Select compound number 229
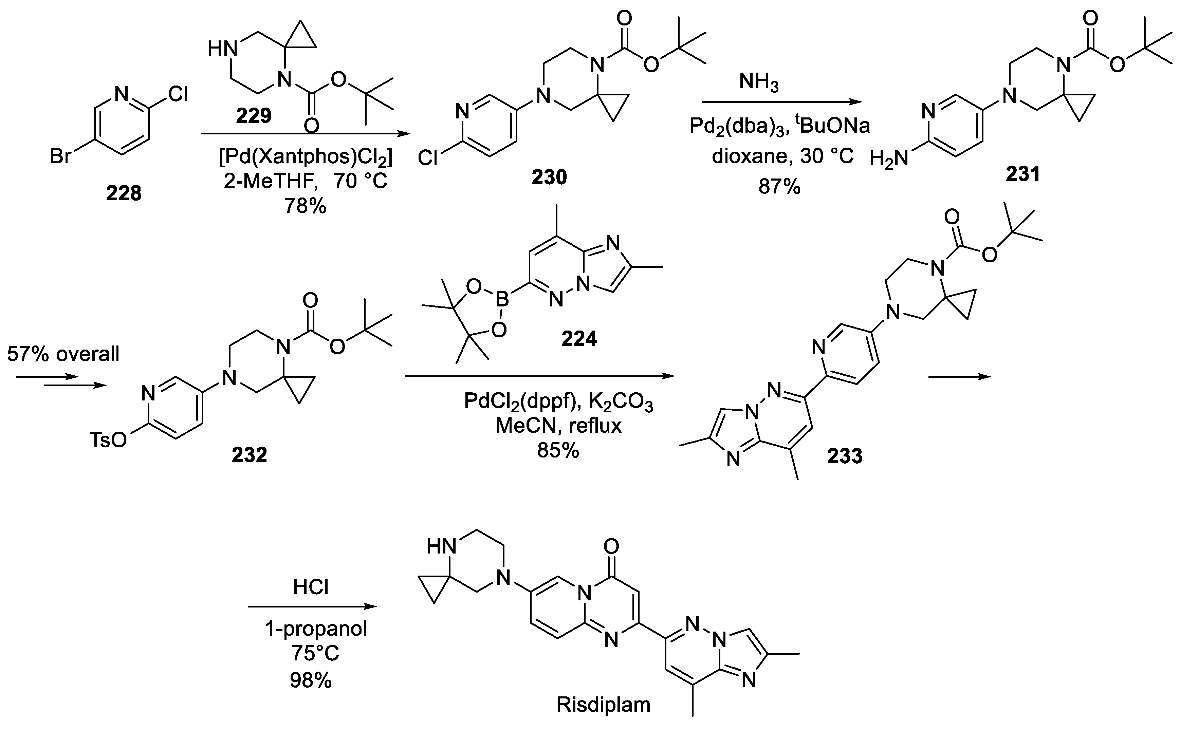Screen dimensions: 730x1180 pos(254,115)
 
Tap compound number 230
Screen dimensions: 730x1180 pos(549,177)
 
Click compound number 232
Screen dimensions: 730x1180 pos(249,454)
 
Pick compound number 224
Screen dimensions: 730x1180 pos(579,339)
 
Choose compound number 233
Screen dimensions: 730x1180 pos(845,456)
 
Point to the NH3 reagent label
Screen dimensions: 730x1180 pos(759,83)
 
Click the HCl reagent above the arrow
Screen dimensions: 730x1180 pos(311,587)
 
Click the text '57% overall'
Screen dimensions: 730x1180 pos(63,354)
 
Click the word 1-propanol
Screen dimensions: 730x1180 pos(316,629)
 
